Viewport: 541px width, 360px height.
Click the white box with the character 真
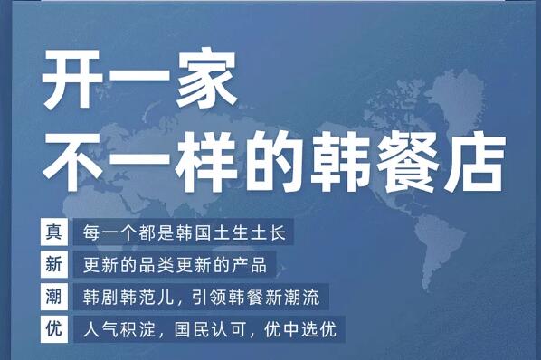[53, 232]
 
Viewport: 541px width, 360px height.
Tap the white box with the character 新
[53, 265]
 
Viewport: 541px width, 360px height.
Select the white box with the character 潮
[53, 297]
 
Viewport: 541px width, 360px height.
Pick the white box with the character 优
[53, 328]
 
